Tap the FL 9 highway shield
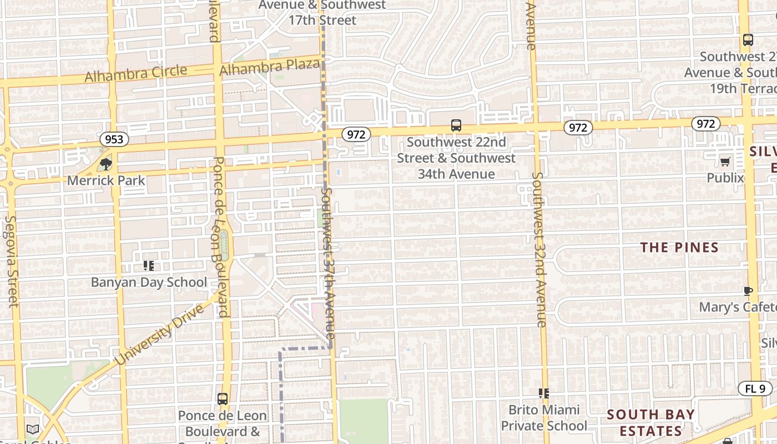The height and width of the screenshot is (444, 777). (x=755, y=389)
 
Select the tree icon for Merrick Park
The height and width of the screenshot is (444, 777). (x=105, y=164)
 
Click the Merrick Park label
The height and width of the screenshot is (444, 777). (x=106, y=180)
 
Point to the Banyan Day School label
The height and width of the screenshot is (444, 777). (x=149, y=282)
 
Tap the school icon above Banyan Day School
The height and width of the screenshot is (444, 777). (x=148, y=266)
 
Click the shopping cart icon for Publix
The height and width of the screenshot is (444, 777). (x=725, y=162)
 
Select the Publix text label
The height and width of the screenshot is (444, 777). (x=725, y=178)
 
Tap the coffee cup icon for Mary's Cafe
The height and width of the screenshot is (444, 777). (x=748, y=291)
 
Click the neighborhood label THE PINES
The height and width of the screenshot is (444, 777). (x=679, y=248)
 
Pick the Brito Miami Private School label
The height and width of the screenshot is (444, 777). (x=543, y=418)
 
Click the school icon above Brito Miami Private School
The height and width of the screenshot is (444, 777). (x=543, y=393)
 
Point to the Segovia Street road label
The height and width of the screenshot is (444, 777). (x=12, y=261)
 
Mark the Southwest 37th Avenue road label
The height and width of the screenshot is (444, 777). (x=328, y=264)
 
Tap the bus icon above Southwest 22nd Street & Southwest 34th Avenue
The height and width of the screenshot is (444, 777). (x=456, y=125)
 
